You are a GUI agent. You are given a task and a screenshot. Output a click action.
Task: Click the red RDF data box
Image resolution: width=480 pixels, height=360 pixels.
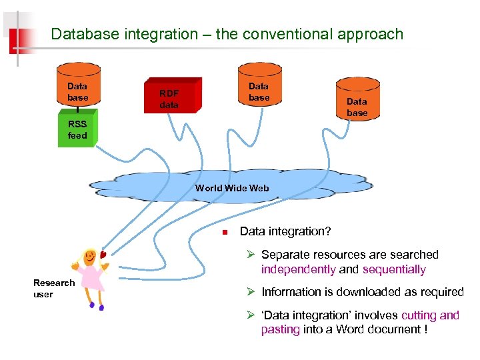coord(169,99)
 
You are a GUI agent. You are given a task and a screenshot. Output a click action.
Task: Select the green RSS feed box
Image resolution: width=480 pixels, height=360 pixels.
coord(77,129)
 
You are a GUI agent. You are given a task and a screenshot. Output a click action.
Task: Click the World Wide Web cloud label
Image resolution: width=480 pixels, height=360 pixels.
coord(232,188)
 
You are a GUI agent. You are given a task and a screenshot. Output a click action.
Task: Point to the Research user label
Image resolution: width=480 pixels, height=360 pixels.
coord(53,288)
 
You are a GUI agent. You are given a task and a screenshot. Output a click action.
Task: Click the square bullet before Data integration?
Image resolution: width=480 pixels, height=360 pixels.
coord(225,233)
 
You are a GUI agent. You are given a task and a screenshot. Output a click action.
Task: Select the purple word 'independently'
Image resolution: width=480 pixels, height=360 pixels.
coord(299,269)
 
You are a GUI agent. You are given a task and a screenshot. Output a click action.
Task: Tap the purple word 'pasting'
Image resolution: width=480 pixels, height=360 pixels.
coord(280,329)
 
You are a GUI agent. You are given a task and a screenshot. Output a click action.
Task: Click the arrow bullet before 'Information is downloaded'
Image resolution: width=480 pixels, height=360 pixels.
coord(251,292)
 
